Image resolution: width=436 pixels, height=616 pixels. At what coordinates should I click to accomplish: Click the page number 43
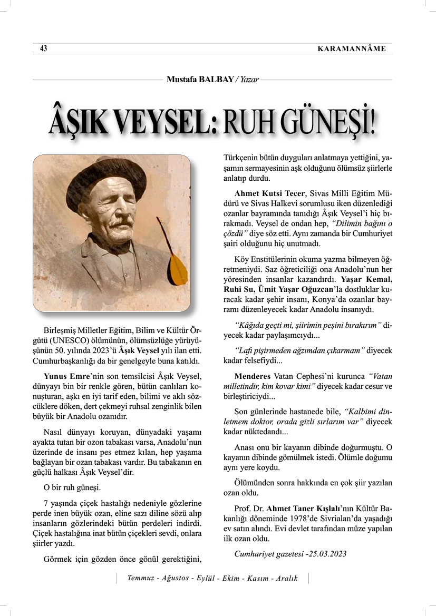[44, 49]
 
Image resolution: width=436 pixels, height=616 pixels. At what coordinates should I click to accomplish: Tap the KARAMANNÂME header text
[352, 49]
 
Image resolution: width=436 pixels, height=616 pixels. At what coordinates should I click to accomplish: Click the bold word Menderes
[253, 377]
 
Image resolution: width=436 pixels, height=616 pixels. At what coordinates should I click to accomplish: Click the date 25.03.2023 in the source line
[325, 553]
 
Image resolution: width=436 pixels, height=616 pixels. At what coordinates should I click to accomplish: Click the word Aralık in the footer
[286, 578]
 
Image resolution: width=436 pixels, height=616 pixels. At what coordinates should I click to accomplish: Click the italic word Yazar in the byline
[249, 80]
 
